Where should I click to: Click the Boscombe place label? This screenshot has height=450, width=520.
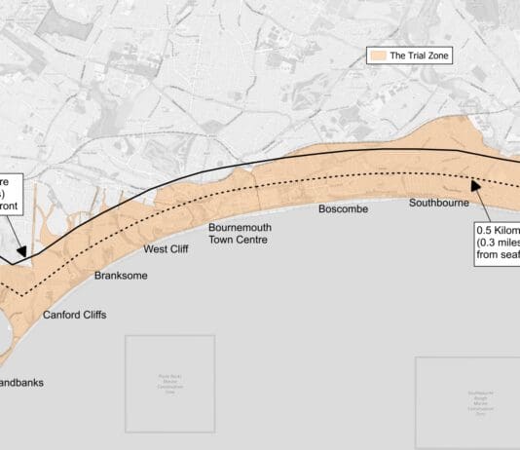click(342, 209)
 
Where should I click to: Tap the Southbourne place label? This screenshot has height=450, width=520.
click(439, 204)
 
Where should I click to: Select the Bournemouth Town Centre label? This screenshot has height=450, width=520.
click(240, 233)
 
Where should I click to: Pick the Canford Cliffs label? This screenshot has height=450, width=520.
click(74, 316)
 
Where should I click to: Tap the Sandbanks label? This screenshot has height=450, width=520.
click(21, 383)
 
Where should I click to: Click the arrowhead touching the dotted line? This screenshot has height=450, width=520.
click(477, 186)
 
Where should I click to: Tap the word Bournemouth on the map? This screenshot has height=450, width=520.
click(240, 227)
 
